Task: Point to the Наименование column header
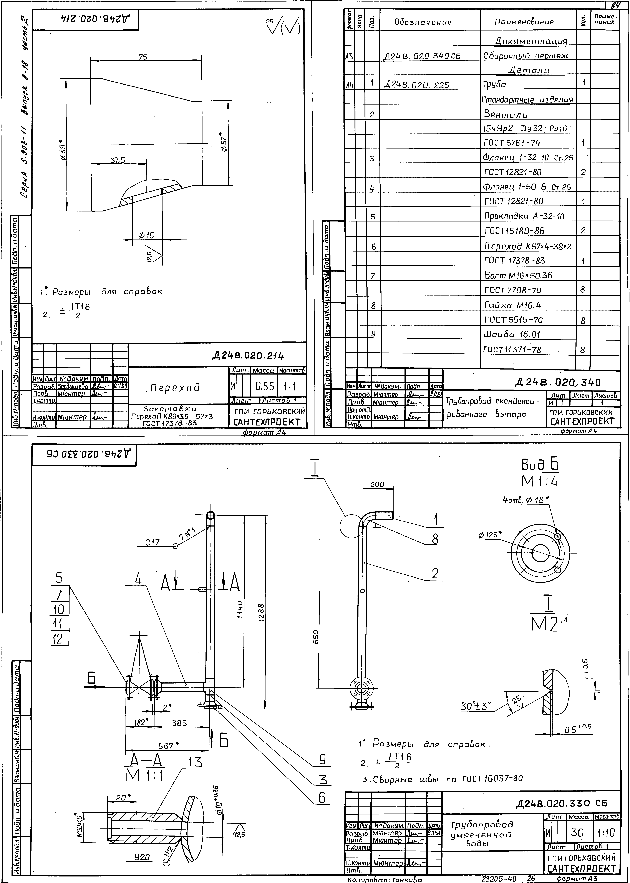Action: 524,22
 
